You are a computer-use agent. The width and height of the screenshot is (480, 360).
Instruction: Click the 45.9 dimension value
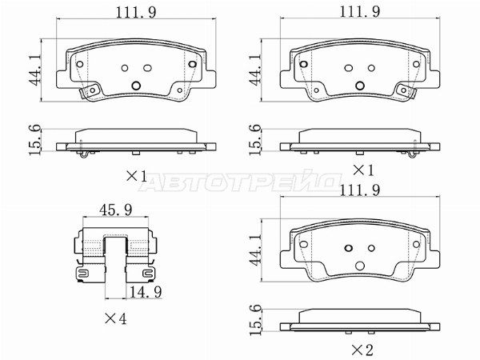(x=115, y=210)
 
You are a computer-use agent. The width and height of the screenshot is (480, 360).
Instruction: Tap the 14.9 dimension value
(x=146, y=292)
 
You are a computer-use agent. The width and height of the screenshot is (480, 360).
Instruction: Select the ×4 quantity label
(x=115, y=319)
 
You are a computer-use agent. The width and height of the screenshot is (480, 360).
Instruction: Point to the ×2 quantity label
(x=362, y=350)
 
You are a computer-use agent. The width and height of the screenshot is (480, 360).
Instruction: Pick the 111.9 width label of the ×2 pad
(x=360, y=190)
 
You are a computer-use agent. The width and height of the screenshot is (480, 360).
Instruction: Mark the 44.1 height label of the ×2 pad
(x=255, y=250)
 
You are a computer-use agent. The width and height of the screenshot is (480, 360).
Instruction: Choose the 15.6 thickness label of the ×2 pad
(x=255, y=320)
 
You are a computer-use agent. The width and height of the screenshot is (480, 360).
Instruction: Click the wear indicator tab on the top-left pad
(x=86, y=92)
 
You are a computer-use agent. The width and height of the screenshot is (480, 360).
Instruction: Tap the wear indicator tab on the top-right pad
(x=409, y=92)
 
